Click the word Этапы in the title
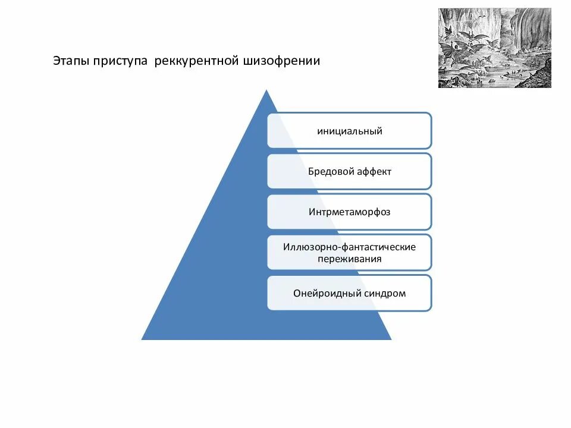70,61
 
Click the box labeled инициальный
349,131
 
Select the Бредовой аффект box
349,171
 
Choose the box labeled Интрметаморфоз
349,212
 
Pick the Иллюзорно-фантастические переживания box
349,252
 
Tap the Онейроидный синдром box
349,292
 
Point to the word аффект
374,171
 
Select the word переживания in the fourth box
349,259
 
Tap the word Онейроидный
328,292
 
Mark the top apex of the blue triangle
266,91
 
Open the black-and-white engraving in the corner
494,48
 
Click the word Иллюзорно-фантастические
349,246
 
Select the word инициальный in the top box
349,131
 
